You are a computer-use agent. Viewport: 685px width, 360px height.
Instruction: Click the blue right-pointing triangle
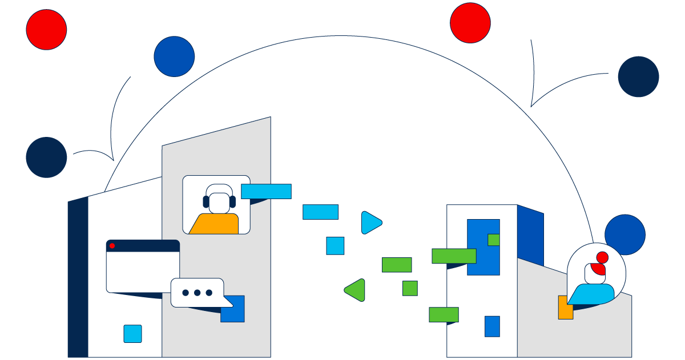tap(370, 223)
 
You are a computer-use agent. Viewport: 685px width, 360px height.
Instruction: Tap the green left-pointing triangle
tap(356, 290)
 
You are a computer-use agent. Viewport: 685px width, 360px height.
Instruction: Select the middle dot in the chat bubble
tap(197, 293)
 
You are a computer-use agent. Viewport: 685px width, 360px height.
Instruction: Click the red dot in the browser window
tap(112, 246)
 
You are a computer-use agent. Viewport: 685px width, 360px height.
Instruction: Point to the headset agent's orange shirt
tap(215, 225)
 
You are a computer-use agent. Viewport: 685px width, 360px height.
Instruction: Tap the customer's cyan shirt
tap(592, 293)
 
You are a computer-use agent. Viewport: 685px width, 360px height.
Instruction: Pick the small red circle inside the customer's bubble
tap(602, 257)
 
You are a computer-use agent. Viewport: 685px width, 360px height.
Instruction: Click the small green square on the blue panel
tap(494, 240)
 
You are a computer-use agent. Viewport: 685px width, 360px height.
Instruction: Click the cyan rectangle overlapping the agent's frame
tap(266, 191)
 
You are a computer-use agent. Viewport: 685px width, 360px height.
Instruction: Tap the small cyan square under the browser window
tap(132, 334)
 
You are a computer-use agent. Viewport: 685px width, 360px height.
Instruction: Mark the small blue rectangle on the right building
tap(492, 326)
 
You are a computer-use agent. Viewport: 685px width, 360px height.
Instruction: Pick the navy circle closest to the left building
tap(46, 157)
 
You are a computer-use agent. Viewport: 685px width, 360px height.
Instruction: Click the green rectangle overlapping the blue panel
tap(454, 256)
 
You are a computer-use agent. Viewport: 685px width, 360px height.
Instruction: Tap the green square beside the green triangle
tap(410, 288)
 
